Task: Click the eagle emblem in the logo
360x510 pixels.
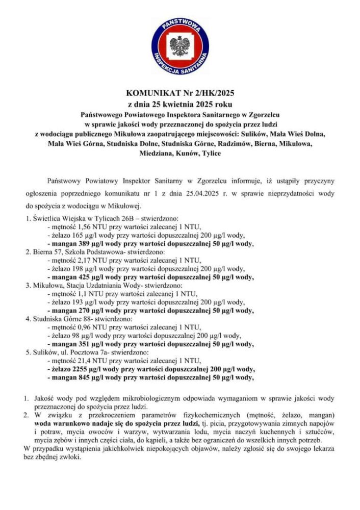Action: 179,46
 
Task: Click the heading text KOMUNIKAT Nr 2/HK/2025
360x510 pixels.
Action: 179,93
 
